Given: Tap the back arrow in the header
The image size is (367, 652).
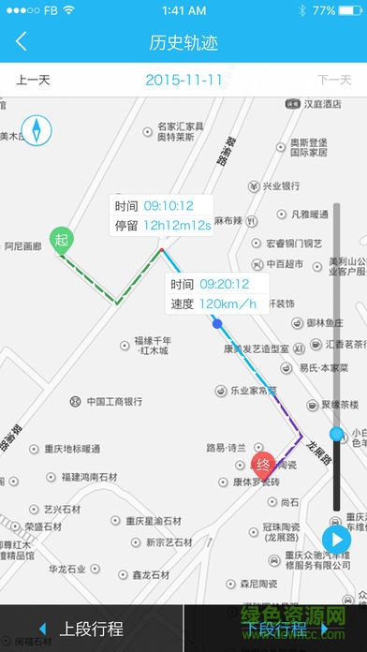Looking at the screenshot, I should [x=22, y=42].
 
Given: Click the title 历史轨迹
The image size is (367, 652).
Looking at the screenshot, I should [x=183, y=43].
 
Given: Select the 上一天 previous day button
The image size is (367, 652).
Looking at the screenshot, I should [x=34, y=80].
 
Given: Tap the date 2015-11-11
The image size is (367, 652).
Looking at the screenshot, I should [x=183, y=80].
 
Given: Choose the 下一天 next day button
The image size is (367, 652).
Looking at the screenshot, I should [x=333, y=80].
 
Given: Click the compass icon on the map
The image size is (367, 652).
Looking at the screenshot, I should [x=37, y=129].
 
